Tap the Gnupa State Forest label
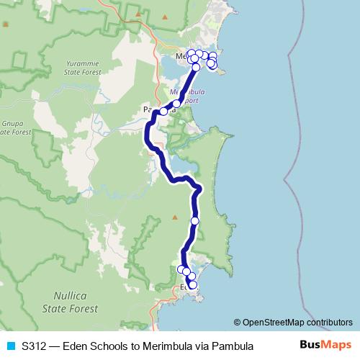click(x=14, y=127)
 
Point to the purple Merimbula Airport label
click(x=183, y=96)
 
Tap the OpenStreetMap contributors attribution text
click(x=293, y=323)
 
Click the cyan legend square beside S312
click(x=10, y=346)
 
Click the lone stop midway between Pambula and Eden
click(x=194, y=221)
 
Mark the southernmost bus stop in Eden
click(x=192, y=285)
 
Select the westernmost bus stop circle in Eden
click(x=181, y=269)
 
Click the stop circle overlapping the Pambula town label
click(x=163, y=112)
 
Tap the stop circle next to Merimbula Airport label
click(x=176, y=104)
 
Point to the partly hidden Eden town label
click(x=185, y=286)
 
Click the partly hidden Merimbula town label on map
click(x=181, y=55)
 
